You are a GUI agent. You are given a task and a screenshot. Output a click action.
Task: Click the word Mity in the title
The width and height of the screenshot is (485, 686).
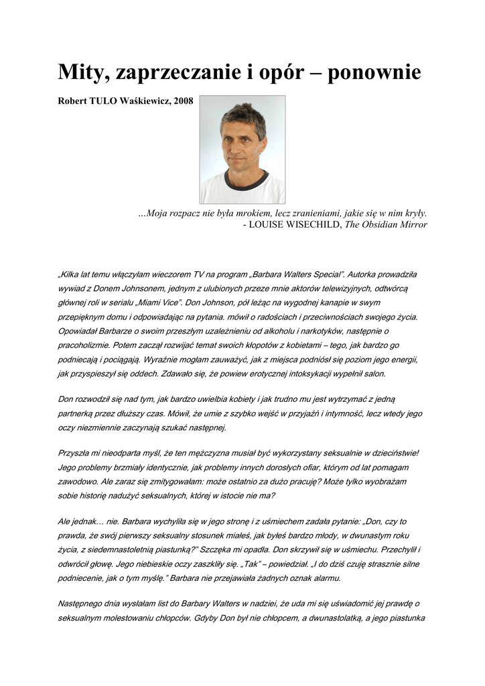(82, 71)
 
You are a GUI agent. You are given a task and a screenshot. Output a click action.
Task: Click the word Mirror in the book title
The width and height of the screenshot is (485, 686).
(411, 225)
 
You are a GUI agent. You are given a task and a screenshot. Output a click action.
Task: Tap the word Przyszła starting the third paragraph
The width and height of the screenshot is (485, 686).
(77, 454)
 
